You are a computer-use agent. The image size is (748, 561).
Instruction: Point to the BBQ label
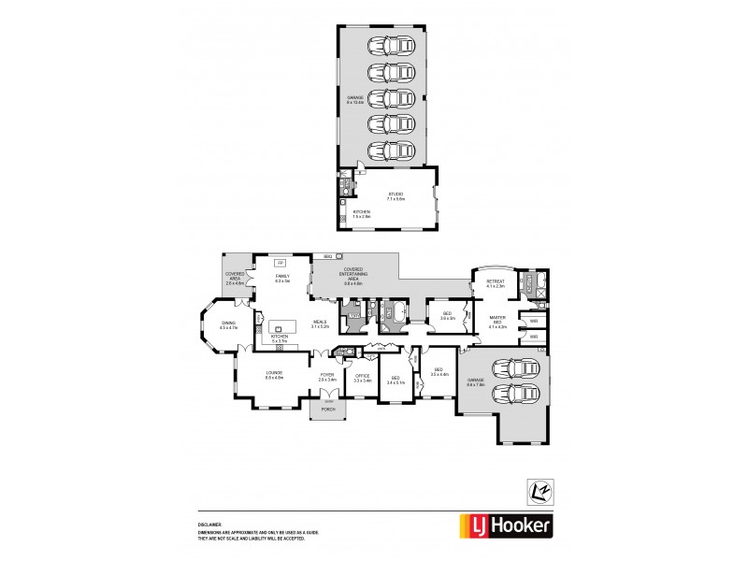[327, 255]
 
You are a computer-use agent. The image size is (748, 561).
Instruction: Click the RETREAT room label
[496, 282]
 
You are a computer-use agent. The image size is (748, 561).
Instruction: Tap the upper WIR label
[533, 321]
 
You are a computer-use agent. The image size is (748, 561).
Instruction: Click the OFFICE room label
[363, 378]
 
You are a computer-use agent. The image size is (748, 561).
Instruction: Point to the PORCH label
[327, 409]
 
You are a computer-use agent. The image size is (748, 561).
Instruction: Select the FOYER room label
[326, 377]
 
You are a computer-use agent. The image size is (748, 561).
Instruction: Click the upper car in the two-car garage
[513, 367]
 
